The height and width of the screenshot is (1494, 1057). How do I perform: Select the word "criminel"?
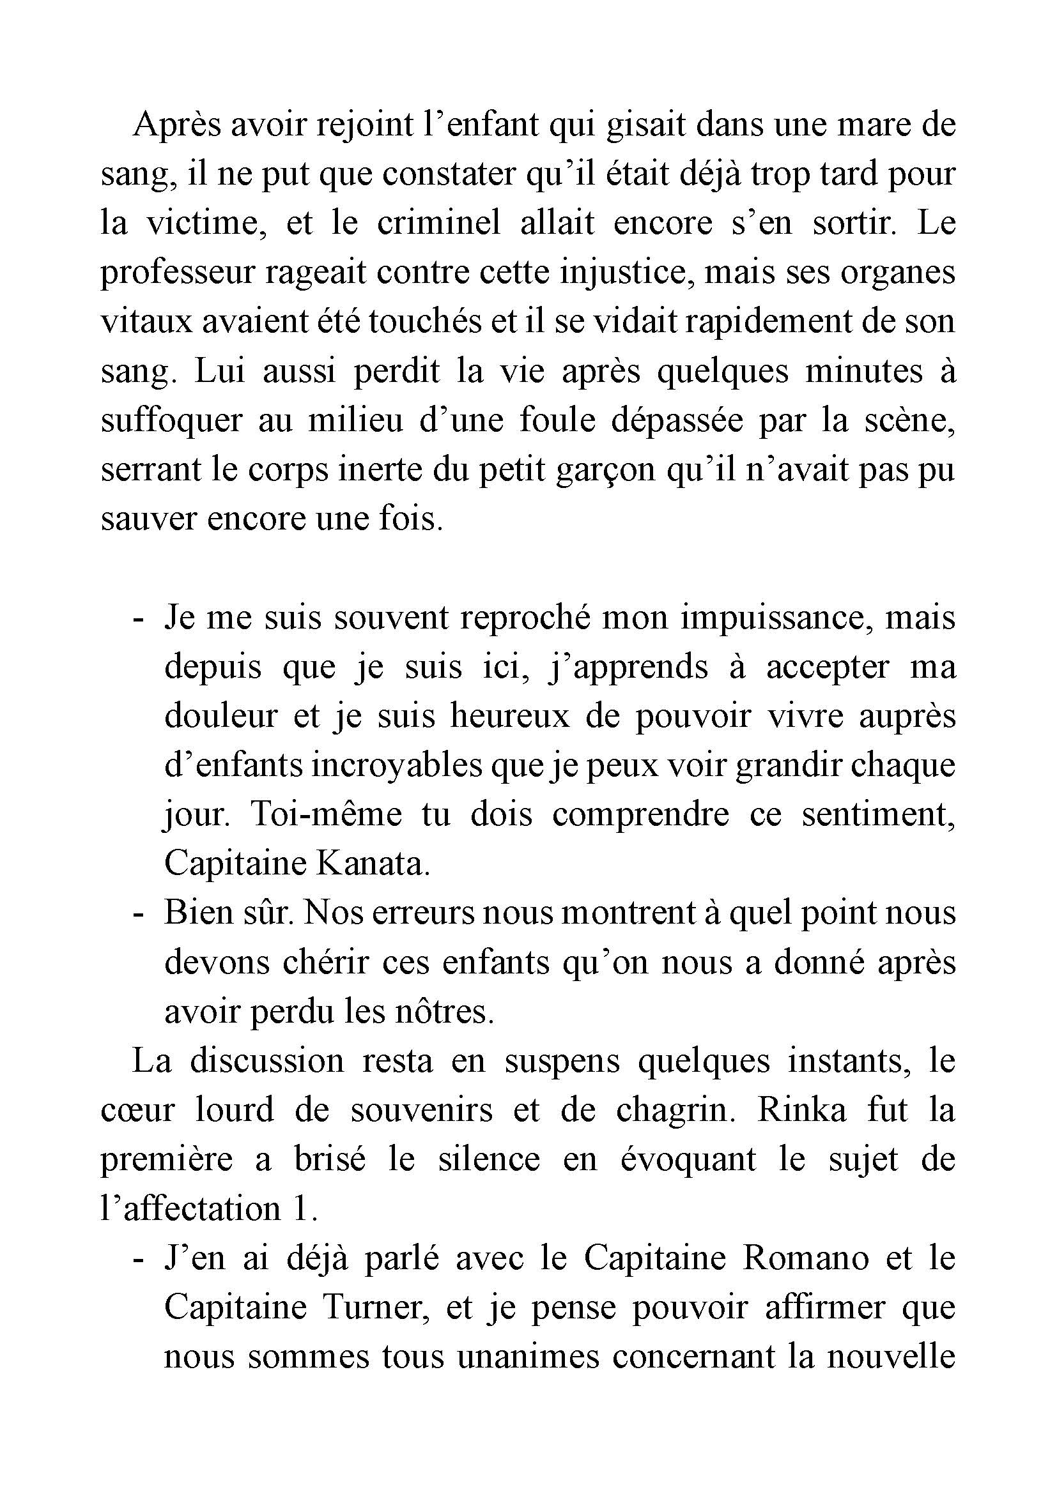pos(438,223)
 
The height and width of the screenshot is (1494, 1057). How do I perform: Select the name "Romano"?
pos(806,1258)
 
